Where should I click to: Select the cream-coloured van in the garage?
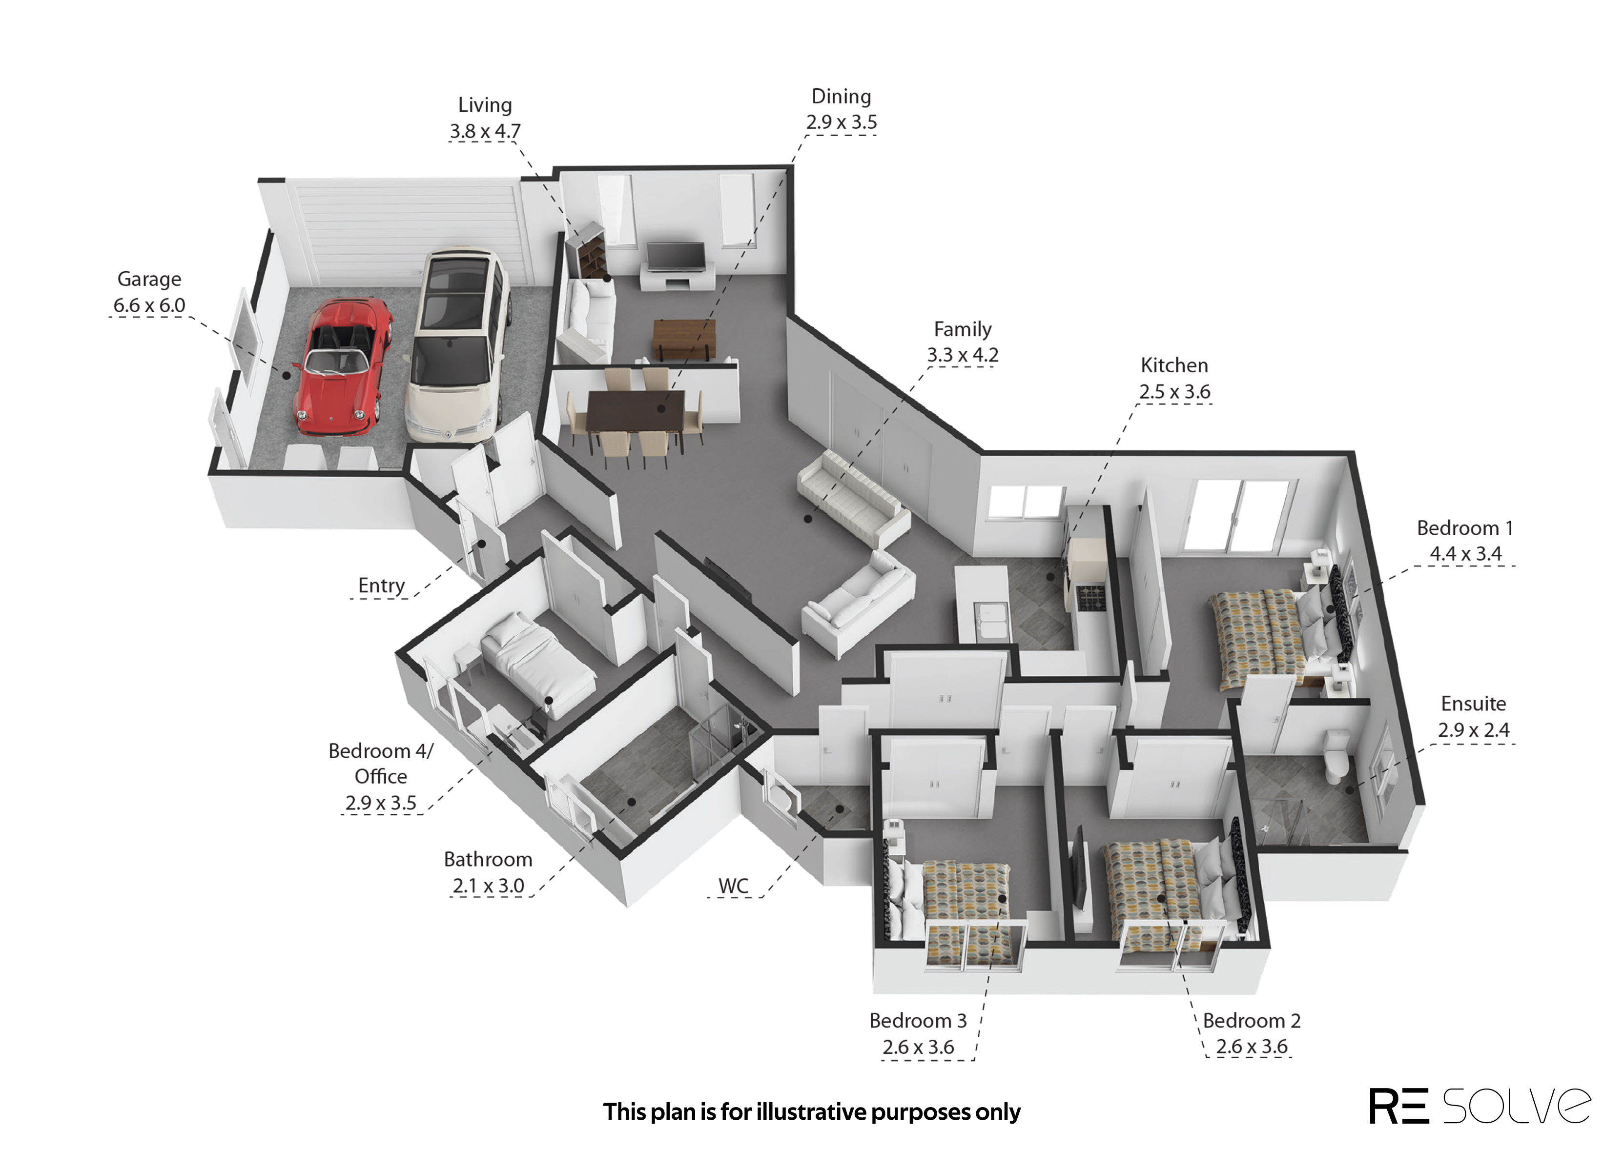(457, 345)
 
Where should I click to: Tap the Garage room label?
(149, 279)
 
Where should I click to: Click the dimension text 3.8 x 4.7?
(485, 131)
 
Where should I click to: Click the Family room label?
(963, 329)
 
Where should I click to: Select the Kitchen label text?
(1174, 365)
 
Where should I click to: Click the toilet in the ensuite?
(1336, 756)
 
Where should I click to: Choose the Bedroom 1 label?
(1465, 528)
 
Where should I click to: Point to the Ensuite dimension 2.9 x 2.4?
(1473, 729)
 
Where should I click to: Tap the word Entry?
(381, 585)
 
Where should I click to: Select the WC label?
(733, 886)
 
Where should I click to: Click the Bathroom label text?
(488, 860)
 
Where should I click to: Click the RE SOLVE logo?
(1479, 1106)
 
